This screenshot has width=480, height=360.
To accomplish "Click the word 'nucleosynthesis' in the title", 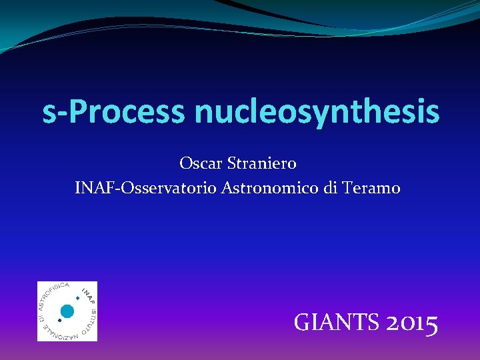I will (317, 112).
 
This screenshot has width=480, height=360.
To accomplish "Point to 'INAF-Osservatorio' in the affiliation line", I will (145, 189).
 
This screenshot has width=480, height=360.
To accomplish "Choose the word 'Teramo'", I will (371, 189).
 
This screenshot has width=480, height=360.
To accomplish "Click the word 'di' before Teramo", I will (331, 189).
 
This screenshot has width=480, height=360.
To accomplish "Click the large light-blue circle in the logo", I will (67, 311).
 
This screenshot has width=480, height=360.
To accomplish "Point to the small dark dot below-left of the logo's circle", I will (59, 320).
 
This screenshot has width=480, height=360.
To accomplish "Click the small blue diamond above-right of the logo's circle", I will (77, 298).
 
